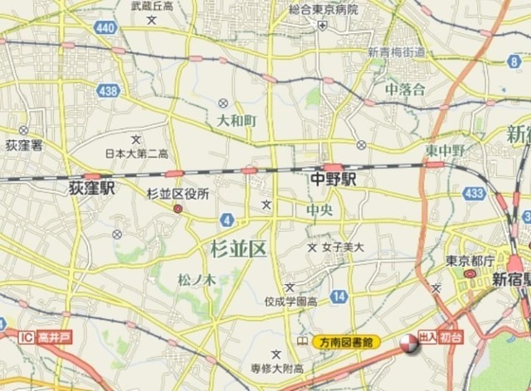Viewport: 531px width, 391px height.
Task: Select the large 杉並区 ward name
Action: (238, 247)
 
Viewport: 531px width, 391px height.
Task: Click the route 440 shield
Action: (105, 28)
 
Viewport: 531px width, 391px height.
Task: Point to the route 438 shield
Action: (107, 92)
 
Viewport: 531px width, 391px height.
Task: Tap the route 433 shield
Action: (475, 193)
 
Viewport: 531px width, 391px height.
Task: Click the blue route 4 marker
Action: (227, 219)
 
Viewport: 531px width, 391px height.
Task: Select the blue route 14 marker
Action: (338, 297)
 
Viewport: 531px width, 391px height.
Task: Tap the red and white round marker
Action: (409, 344)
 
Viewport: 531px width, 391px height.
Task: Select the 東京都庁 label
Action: (463, 260)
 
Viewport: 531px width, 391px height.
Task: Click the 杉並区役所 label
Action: (178, 194)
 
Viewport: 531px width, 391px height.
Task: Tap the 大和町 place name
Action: (237, 121)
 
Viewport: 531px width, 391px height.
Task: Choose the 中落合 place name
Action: (405, 89)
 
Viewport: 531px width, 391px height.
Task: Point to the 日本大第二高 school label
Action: (137, 153)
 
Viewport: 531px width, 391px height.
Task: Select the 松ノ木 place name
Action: (197, 281)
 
